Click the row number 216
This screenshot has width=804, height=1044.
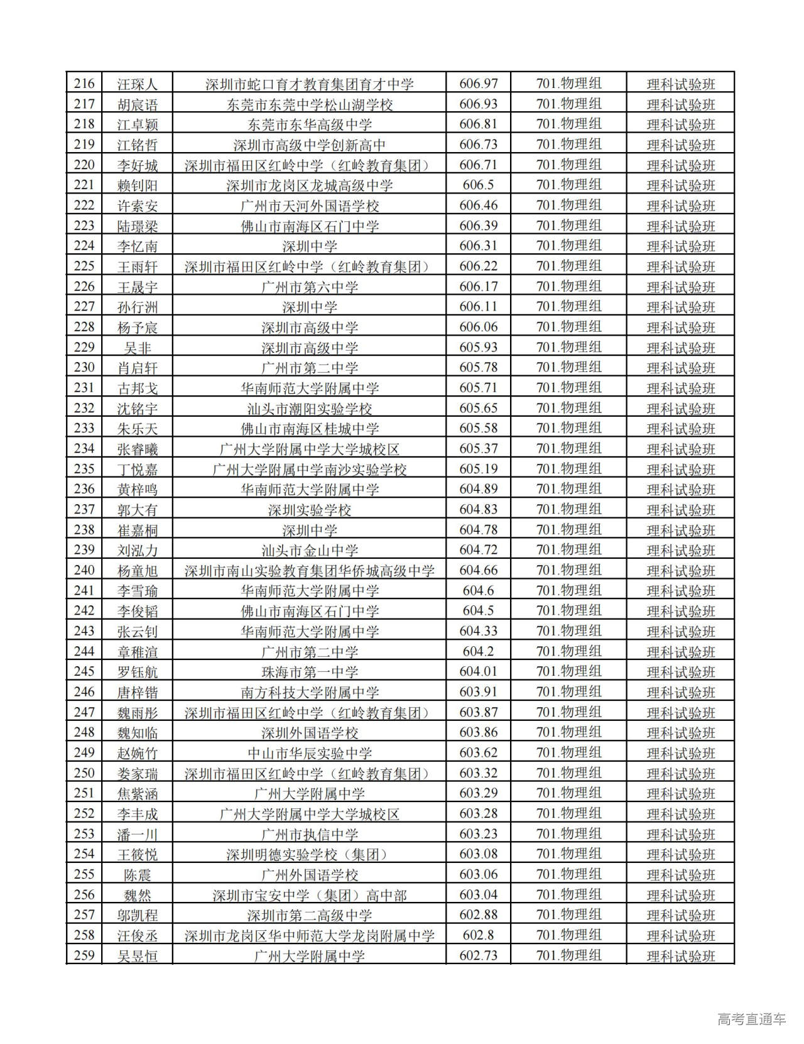click(84, 84)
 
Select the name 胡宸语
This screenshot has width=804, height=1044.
click(138, 104)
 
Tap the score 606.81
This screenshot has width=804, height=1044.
click(479, 124)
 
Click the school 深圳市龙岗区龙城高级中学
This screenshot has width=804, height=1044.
click(310, 185)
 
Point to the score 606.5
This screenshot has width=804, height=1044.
click(479, 185)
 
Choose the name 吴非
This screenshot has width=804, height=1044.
click(138, 348)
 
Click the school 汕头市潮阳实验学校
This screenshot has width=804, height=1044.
click(310, 409)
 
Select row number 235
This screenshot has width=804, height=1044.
click(84, 469)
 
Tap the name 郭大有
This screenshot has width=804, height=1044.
click(138, 510)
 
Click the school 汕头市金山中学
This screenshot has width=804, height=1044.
click(310, 551)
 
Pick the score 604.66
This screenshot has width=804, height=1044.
click(479, 570)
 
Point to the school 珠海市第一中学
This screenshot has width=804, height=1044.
click(310, 672)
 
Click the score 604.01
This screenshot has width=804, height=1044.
click(479, 671)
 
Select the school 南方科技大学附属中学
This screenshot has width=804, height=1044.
click(310, 693)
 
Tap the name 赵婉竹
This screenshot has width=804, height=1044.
click(138, 753)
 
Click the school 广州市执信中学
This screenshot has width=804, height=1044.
click(310, 834)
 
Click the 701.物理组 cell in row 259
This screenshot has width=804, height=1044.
click(568, 955)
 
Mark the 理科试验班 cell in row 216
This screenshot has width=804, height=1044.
click(681, 84)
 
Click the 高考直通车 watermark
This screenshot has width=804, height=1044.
click(751, 1019)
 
